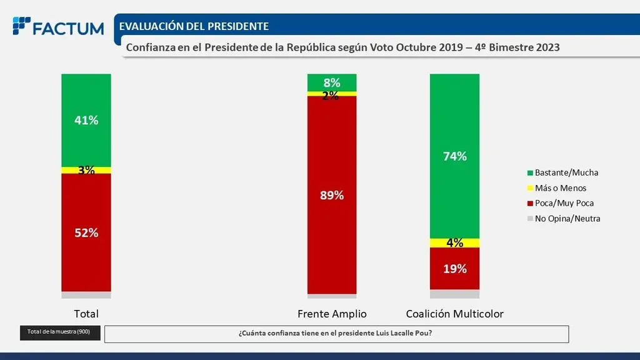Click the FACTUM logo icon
(21, 26)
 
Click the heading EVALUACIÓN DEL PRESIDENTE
(194, 26)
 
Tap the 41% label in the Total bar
(86, 121)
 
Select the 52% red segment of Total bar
(86, 232)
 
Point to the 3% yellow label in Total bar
(86, 170)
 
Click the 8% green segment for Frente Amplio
(332, 82)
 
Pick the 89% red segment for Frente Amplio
(332, 195)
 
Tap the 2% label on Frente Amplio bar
(332, 95)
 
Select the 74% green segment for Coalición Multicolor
(454, 156)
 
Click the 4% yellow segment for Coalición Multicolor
(454, 242)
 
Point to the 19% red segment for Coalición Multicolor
(454, 269)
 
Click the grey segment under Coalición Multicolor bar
(454, 294)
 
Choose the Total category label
(86, 314)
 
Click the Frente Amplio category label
(332, 314)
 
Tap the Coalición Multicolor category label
(454, 314)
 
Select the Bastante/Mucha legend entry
(562, 172)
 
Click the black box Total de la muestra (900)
(59, 332)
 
